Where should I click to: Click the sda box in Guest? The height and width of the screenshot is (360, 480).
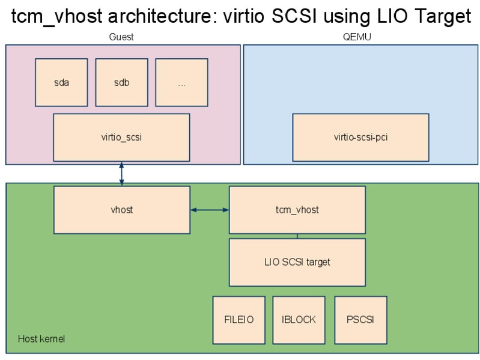[61, 82]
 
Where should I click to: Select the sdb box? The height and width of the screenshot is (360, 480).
[121, 82]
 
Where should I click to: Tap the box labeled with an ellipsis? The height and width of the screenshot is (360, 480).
[181, 82]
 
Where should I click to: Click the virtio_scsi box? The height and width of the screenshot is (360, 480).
[121, 137]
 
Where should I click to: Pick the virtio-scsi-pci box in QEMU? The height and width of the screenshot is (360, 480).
[360, 137]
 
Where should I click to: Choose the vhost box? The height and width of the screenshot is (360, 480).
[121, 210]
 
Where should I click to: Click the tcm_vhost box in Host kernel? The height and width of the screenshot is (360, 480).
[297, 210]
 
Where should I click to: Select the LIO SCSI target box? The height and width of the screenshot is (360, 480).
[297, 262]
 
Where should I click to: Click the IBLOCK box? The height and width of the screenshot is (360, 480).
[299, 320]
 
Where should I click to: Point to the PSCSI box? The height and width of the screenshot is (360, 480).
[360, 320]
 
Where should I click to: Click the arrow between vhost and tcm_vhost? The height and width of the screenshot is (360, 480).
[210, 210]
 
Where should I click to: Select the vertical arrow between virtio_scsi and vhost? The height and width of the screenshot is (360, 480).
[122, 173]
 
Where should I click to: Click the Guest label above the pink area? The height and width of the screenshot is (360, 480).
[121, 37]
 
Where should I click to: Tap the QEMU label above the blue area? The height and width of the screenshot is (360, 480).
[360, 37]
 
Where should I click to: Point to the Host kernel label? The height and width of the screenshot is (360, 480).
[41, 340]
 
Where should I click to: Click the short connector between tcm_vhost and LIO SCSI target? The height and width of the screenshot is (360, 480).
[297, 236]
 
